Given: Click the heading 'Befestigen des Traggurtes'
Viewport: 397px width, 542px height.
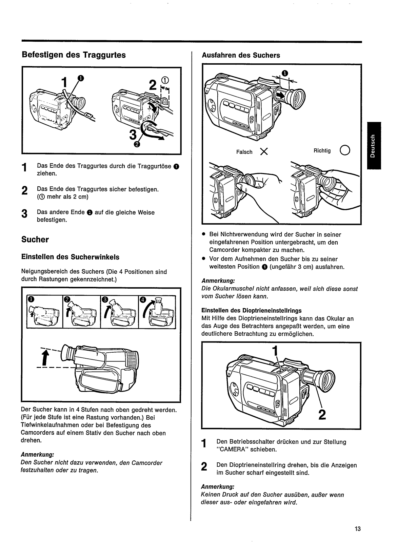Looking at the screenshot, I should [x=74, y=55].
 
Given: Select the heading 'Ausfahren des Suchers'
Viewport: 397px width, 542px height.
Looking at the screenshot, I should [x=241, y=55].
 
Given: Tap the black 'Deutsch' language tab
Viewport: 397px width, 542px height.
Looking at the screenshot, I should [x=374, y=145].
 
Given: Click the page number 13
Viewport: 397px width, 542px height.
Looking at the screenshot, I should [x=358, y=529].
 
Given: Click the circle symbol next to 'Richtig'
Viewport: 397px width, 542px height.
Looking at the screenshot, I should [x=345, y=150].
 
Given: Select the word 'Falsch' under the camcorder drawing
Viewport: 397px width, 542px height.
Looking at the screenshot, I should [x=244, y=152].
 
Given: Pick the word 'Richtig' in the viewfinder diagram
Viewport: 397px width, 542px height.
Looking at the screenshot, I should [x=322, y=151].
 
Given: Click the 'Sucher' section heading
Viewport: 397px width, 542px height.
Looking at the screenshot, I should [x=35, y=239].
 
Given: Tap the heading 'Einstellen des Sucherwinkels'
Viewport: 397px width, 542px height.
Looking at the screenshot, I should [x=70, y=257].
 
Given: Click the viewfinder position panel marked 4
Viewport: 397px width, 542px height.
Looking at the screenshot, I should [x=157, y=312].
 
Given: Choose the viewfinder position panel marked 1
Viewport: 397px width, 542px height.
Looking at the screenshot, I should [x=44, y=312].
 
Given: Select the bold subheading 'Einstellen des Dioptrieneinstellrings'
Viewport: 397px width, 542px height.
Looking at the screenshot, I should [x=252, y=310].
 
